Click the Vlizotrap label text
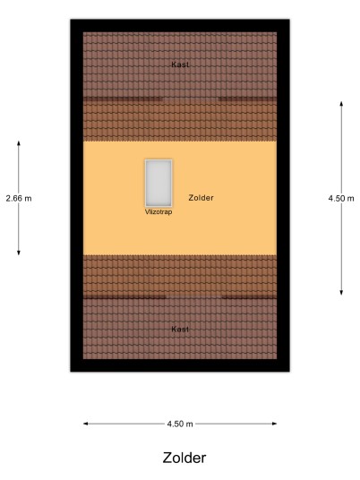[x=159, y=212]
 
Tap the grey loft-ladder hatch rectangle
[x=159, y=183]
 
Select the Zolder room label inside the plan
[x=201, y=198]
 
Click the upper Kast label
[x=180, y=64]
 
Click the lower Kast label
[x=180, y=329]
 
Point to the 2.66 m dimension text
[x=19, y=199]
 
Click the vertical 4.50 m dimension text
[x=341, y=199]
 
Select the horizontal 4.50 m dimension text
[x=180, y=424]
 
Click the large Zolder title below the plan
[x=184, y=458]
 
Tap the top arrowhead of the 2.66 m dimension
[x=19, y=143]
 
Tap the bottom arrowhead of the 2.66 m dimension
[x=19, y=253]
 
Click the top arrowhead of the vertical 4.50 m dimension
[x=341, y=104]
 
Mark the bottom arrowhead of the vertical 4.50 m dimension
[x=341, y=292]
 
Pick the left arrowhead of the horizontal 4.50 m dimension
[x=86, y=424]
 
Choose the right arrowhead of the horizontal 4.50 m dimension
[x=274, y=424]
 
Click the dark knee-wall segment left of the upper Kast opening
[x=123, y=99]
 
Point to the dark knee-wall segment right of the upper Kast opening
[x=247, y=99]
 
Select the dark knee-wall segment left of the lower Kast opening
[x=124, y=296]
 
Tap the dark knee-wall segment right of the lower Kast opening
[x=249, y=296]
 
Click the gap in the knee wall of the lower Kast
[x=193, y=296]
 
